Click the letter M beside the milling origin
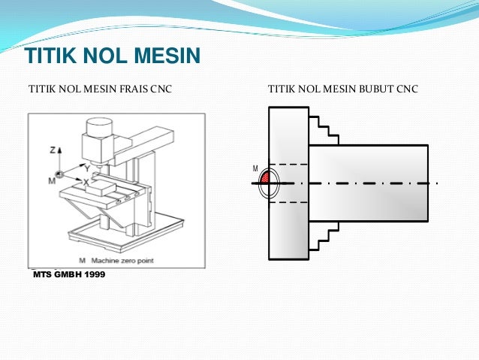(51, 180)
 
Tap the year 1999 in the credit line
(92, 274)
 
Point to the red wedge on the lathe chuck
(266, 177)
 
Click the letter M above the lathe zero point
(255, 168)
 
